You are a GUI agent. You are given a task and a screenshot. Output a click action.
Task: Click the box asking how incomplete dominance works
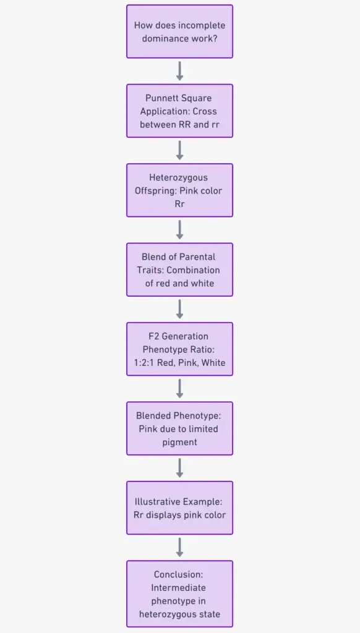coord(180,32)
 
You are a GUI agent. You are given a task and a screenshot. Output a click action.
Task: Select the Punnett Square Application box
coord(180,111)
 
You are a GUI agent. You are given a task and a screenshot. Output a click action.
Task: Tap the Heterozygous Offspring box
coord(180,190)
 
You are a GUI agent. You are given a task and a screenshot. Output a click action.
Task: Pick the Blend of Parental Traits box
coord(180,270)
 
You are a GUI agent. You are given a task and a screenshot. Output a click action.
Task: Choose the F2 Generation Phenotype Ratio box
coord(180,349)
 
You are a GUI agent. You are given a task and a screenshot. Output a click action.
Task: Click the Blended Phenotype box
coord(180,428)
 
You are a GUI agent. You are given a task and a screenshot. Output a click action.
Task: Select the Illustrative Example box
coord(180,508)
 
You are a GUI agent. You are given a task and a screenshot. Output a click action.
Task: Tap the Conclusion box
coord(180,594)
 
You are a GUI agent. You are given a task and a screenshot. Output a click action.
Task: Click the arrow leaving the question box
coord(180,71)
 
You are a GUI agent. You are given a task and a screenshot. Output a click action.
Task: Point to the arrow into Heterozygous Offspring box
coord(180,151)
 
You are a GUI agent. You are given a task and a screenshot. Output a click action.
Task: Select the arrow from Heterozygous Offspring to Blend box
coord(180,230)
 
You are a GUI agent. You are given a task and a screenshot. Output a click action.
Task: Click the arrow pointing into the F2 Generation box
coord(180,309)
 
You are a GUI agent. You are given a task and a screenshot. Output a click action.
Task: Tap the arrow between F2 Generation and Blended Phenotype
coord(180,388)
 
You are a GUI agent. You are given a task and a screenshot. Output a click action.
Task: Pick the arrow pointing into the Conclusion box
coord(180,548)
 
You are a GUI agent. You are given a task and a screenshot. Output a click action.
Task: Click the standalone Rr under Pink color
coord(180,204)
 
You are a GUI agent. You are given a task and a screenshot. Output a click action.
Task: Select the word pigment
coord(180,443)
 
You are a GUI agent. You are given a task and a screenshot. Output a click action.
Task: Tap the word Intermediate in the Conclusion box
coord(180,587)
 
